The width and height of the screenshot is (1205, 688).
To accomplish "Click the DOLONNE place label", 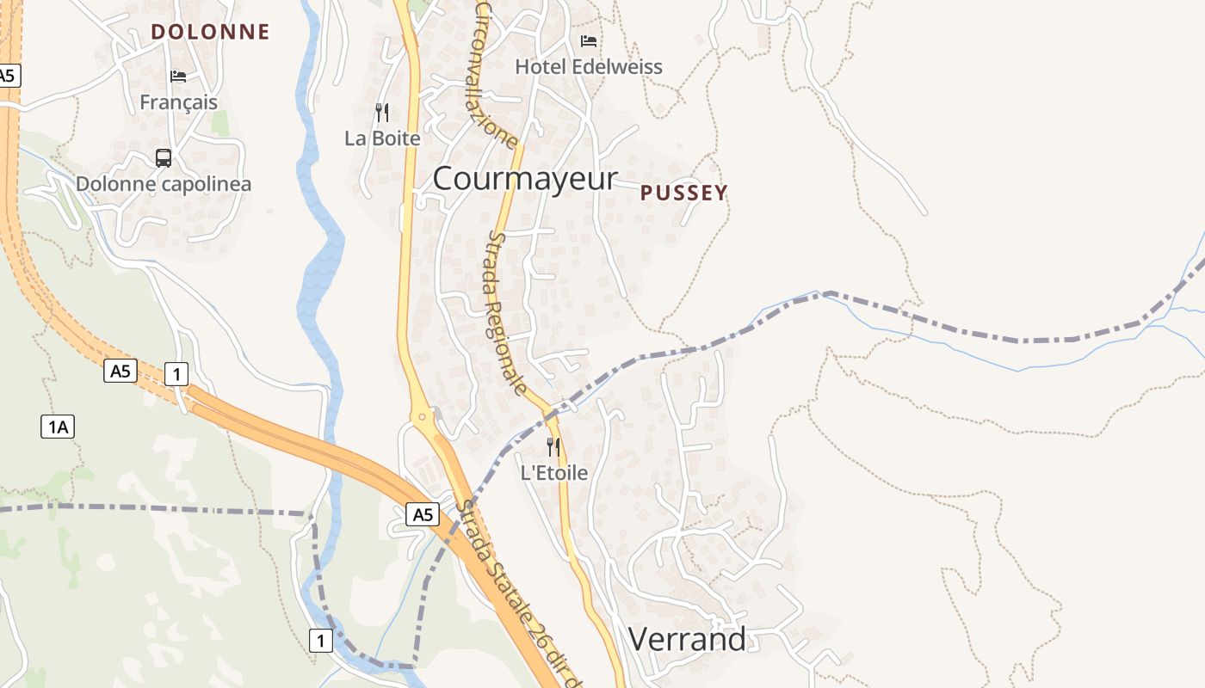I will pyautogui.click(x=210, y=32).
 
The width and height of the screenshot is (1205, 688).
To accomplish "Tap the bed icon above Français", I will pyautogui.click(x=178, y=77).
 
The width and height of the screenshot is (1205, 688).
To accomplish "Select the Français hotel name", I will pyautogui.click(x=178, y=102).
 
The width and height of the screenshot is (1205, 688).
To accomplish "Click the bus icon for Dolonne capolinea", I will pyautogui.click(x=163, y=157).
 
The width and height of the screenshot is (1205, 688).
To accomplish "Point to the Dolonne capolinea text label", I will pyautogui.click(x=164, y=184).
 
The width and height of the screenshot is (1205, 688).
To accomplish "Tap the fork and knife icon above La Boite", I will pyautogui.click(x=382, y=112).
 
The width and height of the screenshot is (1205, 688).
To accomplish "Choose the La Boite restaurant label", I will pyautogui.click(x=382, y=138).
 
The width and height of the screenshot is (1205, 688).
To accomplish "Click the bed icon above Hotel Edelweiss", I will pyautogui.click(x=589, y=40).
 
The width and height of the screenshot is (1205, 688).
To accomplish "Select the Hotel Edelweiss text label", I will pyautogui.click(x=589, y=67).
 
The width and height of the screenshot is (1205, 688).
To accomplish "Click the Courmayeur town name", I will pyautogui.click(x=525, y=179).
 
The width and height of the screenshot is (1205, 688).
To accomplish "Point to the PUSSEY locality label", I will pyautogui.click(x=684, y=193).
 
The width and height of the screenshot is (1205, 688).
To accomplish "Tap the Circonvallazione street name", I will pyautogui.click(x=496, y=76).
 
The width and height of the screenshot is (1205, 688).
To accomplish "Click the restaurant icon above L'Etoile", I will pyautogui.click(x=553, y=446).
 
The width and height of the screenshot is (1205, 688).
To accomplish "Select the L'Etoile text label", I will pyautogui.click(x=554, y=473).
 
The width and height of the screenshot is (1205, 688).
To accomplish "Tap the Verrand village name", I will pyautogui.click(x=687, y=640).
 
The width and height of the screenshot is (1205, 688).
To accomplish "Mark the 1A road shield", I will pyautogui.click(x=58, y=426).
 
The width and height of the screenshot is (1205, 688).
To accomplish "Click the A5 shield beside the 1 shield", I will pyautogui.click(x=120, y=372).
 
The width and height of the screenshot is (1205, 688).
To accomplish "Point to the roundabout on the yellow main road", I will pyautogui.click(x=423, y=417).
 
